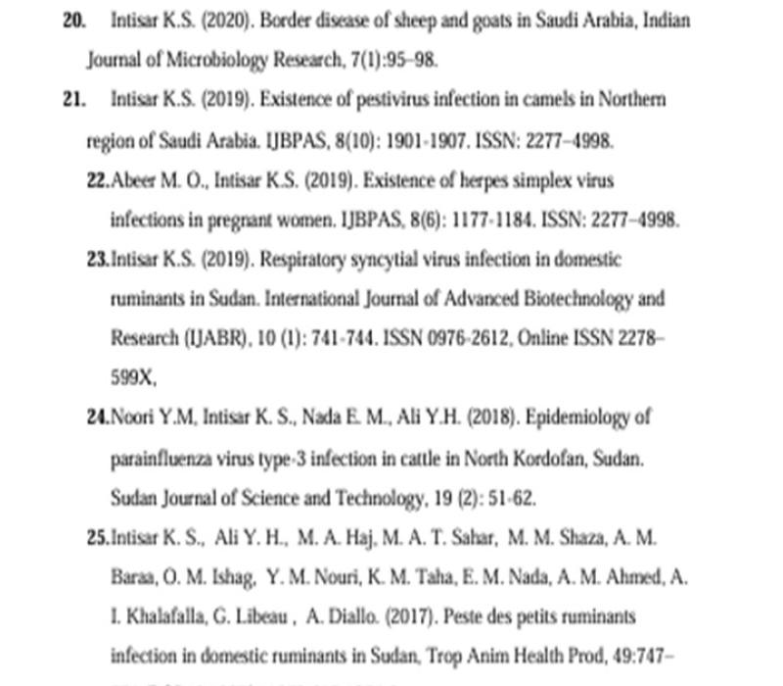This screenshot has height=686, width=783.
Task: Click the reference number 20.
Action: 74,20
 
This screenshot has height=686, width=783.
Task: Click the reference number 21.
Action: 74,100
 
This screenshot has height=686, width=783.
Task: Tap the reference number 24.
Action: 98,417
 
